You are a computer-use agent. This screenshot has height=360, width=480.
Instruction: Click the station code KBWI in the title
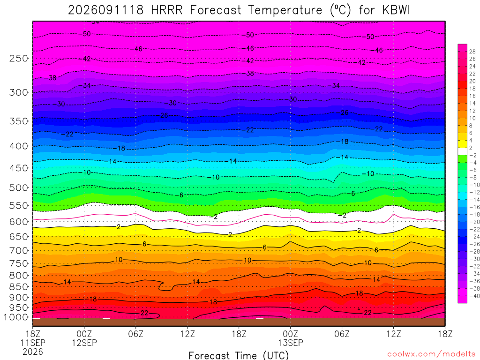tap(396, 10)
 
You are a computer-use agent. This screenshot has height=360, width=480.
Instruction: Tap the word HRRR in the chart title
tap(166, 10)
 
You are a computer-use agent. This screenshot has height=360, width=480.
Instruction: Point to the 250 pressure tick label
tap(19, 58)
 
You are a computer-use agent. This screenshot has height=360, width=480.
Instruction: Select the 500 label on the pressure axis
tap(19, 187)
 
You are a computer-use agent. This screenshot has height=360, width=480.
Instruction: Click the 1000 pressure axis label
tap(16, 317)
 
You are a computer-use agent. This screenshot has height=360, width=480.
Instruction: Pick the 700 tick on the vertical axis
tap(19, 250)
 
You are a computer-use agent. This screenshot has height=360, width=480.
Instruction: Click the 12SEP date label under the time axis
tap(84, 343)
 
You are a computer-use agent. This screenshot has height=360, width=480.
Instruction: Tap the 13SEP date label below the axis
tap(290, 343)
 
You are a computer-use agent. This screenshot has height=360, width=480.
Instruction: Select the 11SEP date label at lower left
tap(33, 343)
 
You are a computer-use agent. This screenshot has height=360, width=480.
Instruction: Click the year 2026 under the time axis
tap(33, 352)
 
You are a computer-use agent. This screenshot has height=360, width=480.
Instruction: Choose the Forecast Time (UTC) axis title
tap(239, 355)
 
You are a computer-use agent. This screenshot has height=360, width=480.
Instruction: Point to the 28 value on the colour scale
tap(472, 52)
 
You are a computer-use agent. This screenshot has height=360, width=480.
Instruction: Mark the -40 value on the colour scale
tap(474, 296)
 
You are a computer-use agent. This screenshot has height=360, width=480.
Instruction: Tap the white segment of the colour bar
tap(463, 151)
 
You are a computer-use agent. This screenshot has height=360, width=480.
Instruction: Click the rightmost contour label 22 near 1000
tap(367, 313)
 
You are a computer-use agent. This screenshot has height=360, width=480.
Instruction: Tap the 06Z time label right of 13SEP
tap(342, 334)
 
